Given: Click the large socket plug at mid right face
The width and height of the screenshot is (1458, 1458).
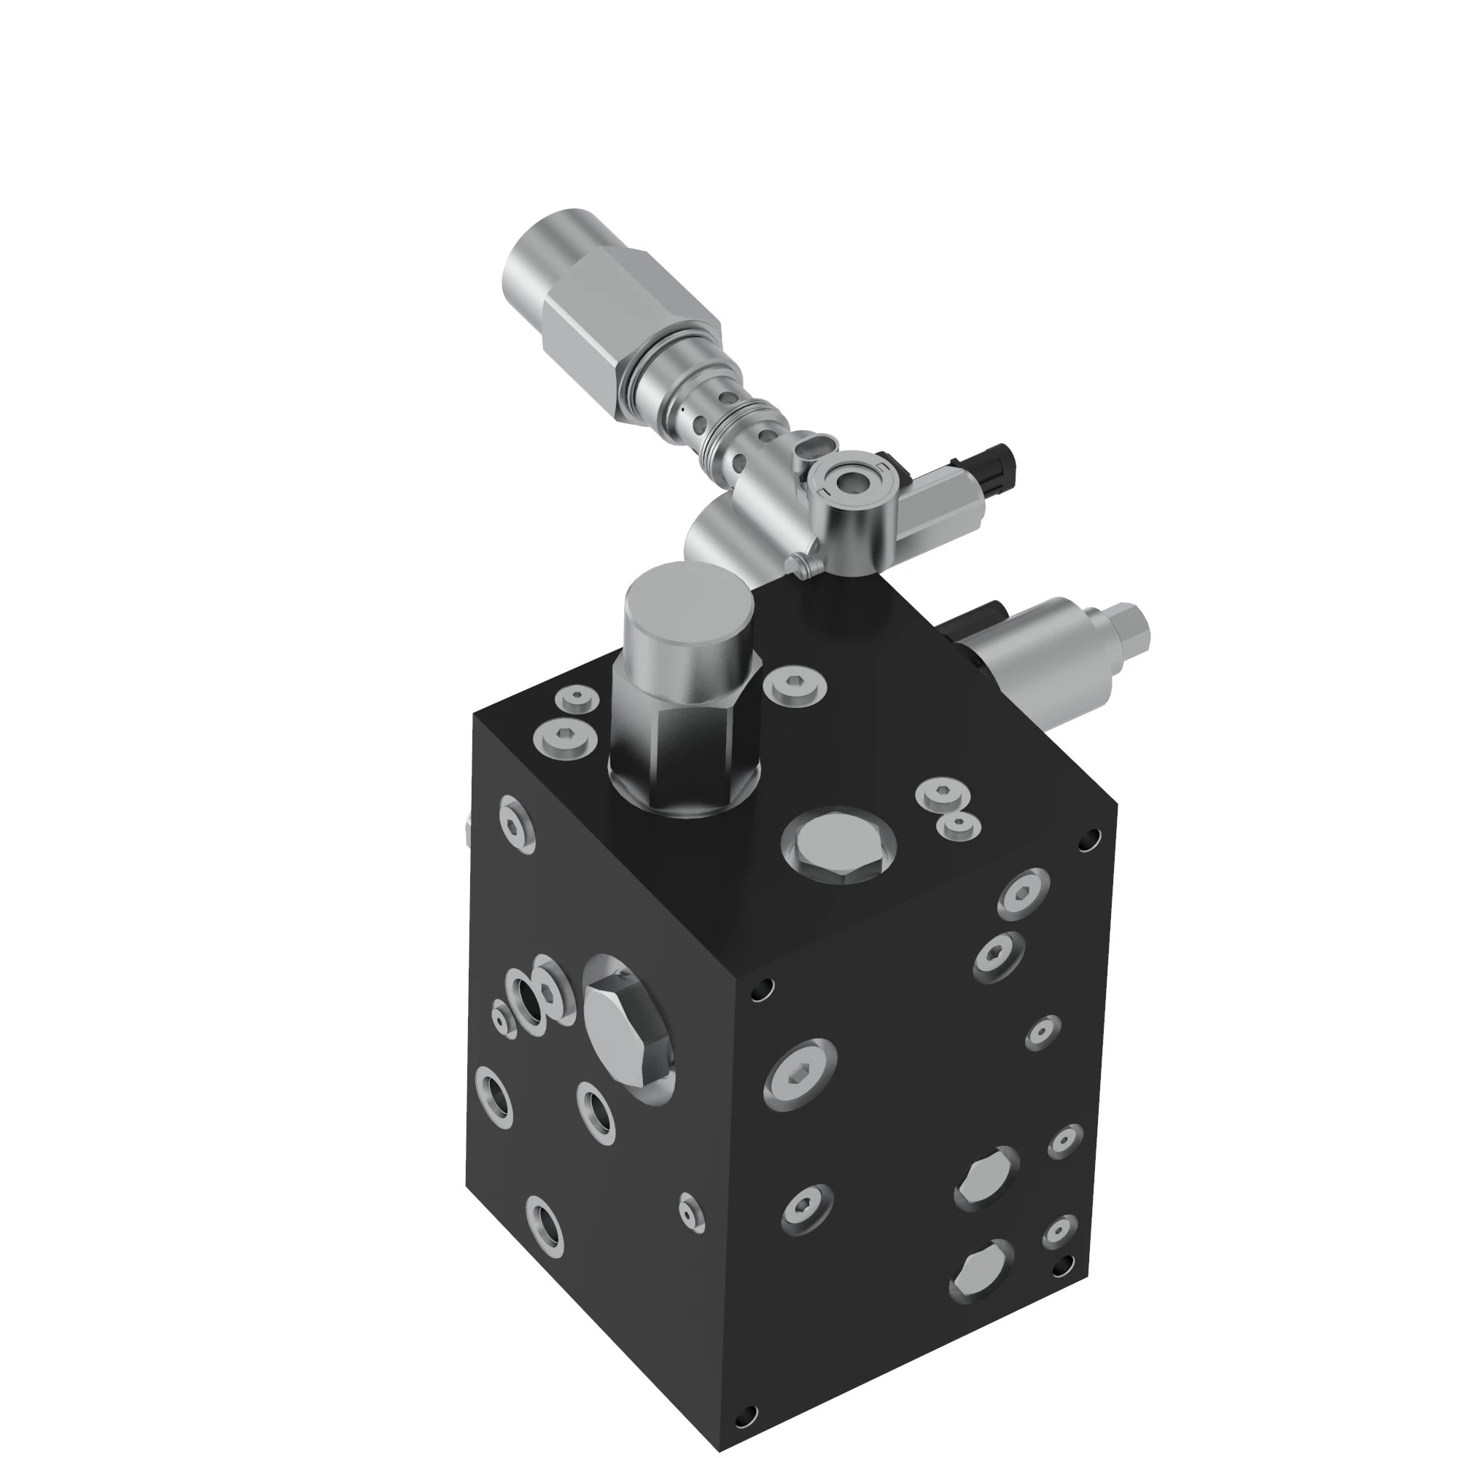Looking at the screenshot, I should click(x=800, y=1074).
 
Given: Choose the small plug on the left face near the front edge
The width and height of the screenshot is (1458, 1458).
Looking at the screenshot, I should click(x=690, y=1210).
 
